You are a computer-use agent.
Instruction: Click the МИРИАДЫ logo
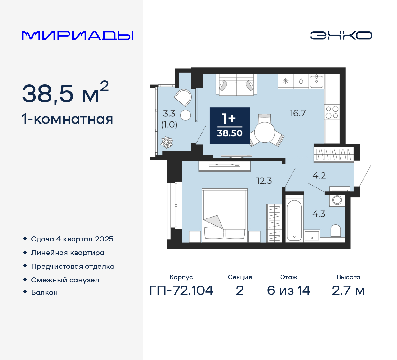tap(78, 35)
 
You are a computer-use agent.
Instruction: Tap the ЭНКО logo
tap(341, 35)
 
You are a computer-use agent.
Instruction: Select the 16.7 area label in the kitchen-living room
tap(297, 113)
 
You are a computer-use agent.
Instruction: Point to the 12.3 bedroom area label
tap(264, 181)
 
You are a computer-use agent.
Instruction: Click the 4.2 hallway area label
tap(319, 176)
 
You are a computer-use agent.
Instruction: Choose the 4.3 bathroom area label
tap(319, 214)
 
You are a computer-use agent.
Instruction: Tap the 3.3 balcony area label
tap(169, 113)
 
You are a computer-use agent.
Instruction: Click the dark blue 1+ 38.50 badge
tap(230, 126)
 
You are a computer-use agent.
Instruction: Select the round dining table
tap(265, 132)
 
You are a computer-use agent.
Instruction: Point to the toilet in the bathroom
tap(336, 231)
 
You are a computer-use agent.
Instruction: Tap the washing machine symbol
tap(337, 200)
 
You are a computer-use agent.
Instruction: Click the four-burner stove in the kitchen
tap(332, 112)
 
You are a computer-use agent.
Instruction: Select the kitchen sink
tap(316, 81)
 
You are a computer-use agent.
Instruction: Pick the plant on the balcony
tap(167, 142)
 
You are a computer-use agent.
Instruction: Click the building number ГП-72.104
tap(181, 290)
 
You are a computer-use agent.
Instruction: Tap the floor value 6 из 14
tap(288, 290)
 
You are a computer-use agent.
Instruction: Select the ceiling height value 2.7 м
tap(348, 290)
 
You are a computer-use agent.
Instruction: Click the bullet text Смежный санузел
tap(65, 280)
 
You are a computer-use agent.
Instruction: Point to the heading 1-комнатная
tap(67, 119)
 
